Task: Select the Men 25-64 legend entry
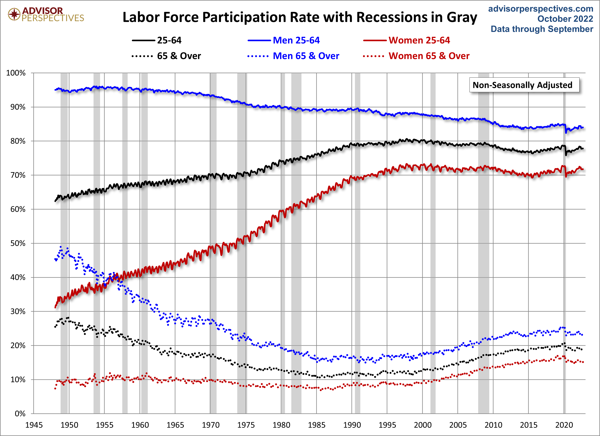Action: pyautogui.click(x=284, y=40)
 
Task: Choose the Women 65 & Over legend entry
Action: pyautogui.click(x=416, y=56)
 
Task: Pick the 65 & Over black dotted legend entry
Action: pyautogui.click(x=166, y=56)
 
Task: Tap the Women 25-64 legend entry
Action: pyautogui.click(x=406, y=40)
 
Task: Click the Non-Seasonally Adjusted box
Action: pyautogui.click(x=524, y=85)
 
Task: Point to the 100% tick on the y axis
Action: pyautogui.click(x=16, y=73)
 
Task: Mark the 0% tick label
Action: pyautogui.click(x=20, y=414)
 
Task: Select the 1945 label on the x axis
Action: pyautogui.click(x=34, y=425)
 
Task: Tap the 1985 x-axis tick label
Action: pyautogui.click(x=316, y=425)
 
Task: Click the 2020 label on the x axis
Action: pyautogui.click(x=564, y=425)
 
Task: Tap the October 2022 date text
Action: pyautogui.click(x=565, y=19)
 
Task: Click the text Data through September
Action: pyautogui.click(x=542, y=29)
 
